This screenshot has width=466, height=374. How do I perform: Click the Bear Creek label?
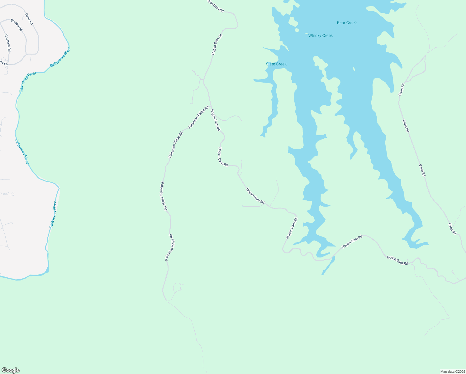click(x=347, y=23)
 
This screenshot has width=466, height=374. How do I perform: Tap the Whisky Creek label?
click(x=320, y=36)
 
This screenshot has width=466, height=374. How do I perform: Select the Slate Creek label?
click(x=276, y=64)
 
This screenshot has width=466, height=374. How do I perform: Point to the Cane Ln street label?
click(x=29, y=19)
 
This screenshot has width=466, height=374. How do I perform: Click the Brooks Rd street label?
click(x=17, y=25)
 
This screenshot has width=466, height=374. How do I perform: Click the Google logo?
click(x=10, y=370)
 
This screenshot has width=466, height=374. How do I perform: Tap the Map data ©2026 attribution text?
click(x=452, y=372)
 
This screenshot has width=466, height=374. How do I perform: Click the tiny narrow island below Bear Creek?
click(x=354, y=69)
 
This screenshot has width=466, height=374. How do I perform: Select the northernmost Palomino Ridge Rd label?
click(x=198, y=117)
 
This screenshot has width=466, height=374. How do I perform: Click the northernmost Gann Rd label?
click(x=402, y=89)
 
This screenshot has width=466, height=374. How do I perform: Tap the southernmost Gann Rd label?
click(x=452, y=228)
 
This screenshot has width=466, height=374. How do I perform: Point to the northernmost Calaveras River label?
click(x=60, y=56)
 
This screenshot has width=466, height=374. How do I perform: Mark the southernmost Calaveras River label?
click(x=53, y=215)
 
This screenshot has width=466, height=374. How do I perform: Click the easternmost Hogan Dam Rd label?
click(x=397, y=260)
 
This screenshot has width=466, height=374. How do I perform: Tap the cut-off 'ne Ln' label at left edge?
click(x=3, y=63)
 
